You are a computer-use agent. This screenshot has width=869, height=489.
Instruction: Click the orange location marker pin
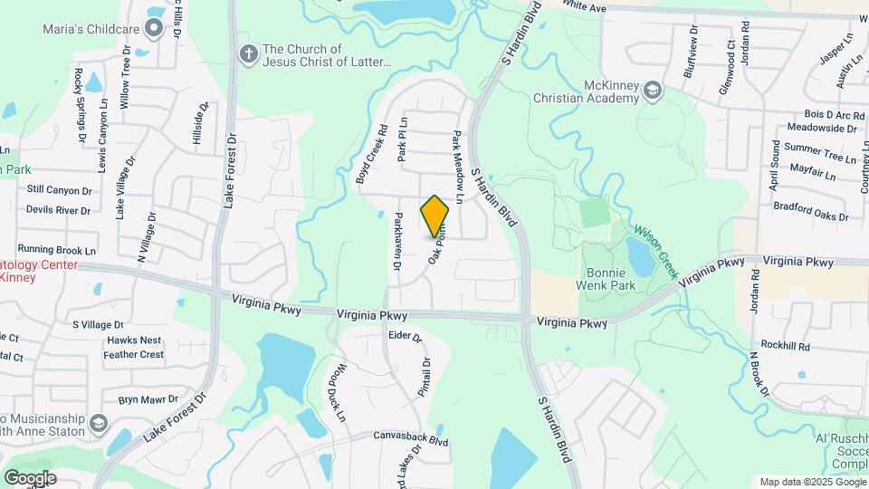(x=434, y=216)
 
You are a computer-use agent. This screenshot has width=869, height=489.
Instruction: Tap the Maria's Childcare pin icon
(x=154, y=29)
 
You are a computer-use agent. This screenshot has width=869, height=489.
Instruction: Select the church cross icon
(x=248, y=54)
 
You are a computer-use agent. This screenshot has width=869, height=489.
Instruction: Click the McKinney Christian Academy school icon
(x=653, y=90)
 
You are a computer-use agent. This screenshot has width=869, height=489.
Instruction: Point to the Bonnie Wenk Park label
(x=606, y=279)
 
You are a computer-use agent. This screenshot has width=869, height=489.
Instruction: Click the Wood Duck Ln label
(x=336, y=393)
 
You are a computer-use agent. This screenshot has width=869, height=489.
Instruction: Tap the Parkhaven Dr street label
(x=396, y=242)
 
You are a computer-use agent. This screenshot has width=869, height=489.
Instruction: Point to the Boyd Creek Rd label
(x=371, y=155)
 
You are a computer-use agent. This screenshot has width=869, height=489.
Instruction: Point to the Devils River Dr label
(x=58, y=210)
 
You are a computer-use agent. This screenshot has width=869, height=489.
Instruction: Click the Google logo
(x=30, y=478)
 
